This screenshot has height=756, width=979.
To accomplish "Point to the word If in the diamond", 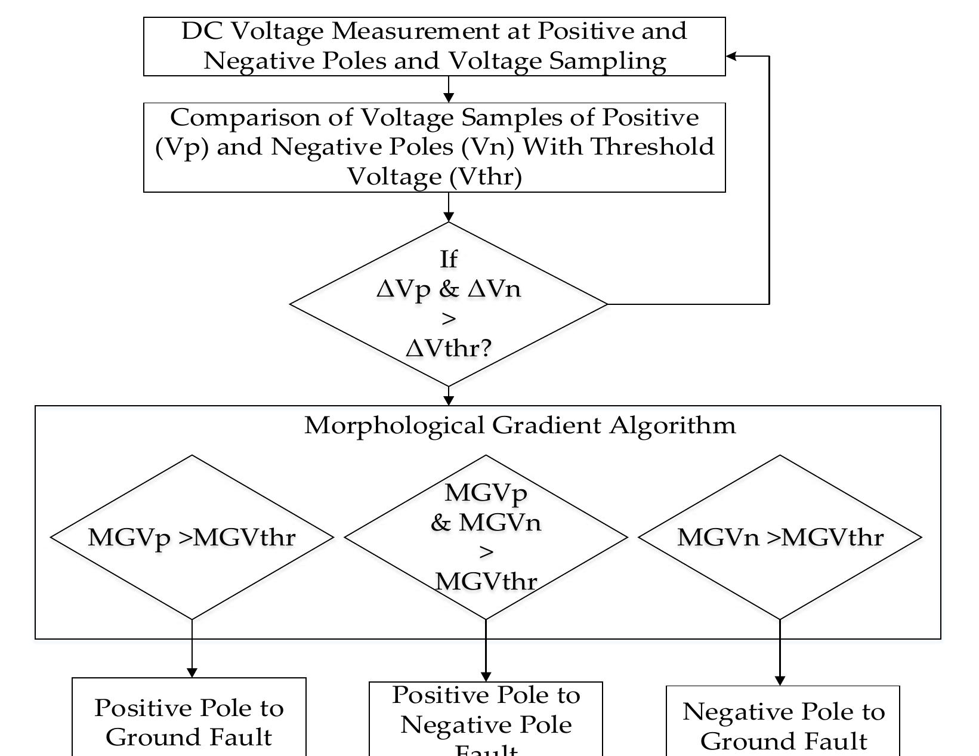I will tap(448, 259).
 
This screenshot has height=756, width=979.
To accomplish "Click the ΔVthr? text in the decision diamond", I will tap(449, 348).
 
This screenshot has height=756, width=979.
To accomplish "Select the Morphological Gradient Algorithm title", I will tap(520, 425).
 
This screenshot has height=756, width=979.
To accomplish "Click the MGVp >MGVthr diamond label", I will tap(192, 537).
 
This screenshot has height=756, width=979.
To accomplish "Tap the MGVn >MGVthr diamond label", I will tap(780, 537).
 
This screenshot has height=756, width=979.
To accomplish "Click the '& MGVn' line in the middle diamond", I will tap(486, 523).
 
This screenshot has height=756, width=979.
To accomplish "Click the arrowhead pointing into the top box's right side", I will tap(731, 56).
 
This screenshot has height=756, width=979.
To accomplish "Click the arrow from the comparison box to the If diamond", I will tap(449, 208).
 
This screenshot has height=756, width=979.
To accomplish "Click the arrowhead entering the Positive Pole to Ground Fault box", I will tap(192, 672).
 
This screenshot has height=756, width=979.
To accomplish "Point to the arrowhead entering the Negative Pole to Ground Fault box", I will tap(780, 681).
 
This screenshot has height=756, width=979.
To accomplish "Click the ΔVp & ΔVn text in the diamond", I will tap(449, 289).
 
